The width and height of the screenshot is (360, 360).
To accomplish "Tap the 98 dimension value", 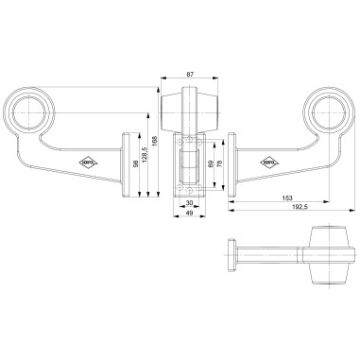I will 135,166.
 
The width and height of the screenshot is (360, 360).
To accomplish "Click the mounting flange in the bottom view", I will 229,255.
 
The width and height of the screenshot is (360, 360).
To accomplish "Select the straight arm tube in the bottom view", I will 269,255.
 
